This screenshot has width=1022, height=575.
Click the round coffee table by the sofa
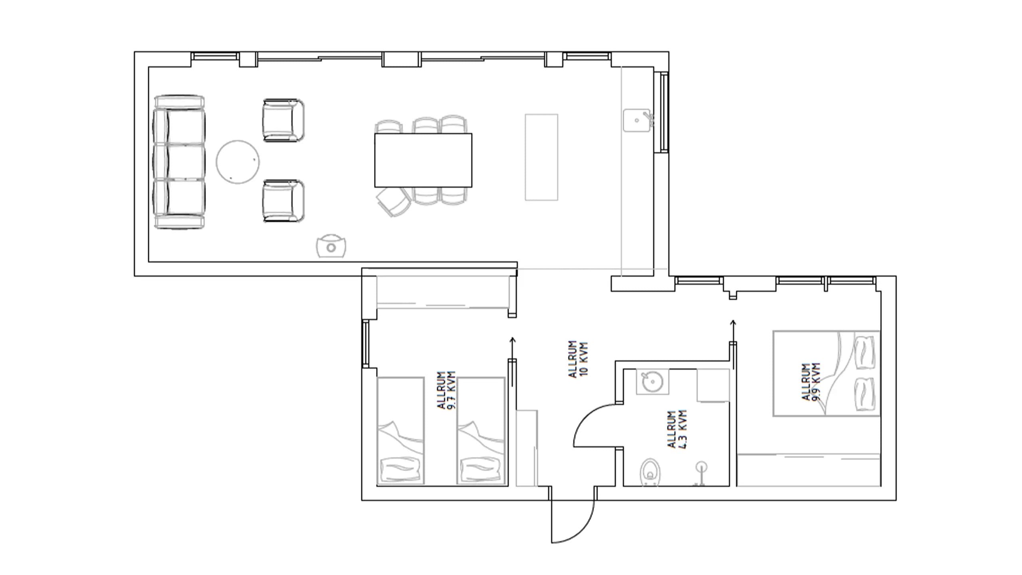(x=238, y=162)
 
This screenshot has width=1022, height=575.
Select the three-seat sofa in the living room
(x=179, y=162)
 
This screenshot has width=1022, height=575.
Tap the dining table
(x=423, y=160)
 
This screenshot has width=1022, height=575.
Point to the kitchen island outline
(x=541, y=157)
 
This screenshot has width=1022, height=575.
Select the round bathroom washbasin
(x=652, y=382)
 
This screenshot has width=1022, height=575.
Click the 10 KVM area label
(x=578, y=359)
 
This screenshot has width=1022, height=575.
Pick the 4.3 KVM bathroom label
(x=677, y=429)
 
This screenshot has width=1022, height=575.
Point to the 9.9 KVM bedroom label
(x=811, y=381)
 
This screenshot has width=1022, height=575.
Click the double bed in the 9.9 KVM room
(x=826, y=373)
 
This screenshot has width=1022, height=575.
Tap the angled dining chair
(x=394, y=202)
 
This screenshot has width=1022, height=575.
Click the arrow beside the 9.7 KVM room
(x=513, y=347)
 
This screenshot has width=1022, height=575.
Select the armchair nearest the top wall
(x=283, y=120)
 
